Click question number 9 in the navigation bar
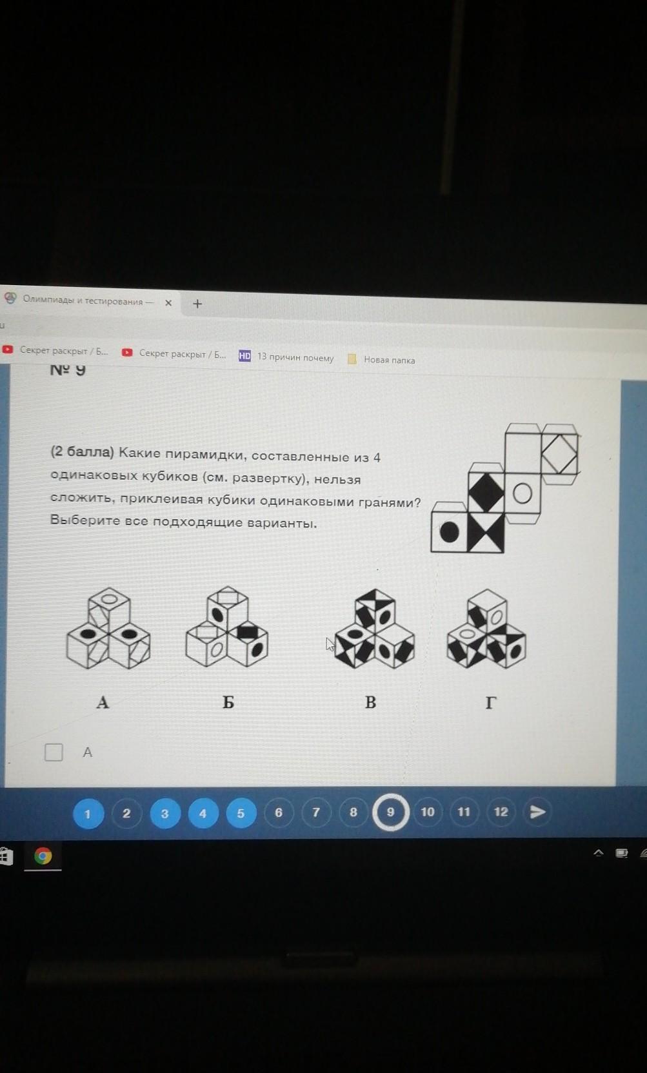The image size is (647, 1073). (391, 812)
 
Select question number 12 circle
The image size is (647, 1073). (501, 812)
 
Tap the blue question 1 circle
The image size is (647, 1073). (88, 813)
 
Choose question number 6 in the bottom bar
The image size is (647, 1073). (279, 812)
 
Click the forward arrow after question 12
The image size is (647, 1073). (537, 811)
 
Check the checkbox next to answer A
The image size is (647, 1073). (54, 752)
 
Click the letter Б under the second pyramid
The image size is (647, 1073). (228, 702)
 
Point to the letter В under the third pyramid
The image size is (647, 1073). (370, 702)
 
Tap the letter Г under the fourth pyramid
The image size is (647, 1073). (490, 703)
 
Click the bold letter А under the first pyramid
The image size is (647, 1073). (103, 702)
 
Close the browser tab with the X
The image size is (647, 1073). (168, 302)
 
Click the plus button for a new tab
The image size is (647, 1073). (197, 304)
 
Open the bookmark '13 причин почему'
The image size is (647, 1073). (286, 357)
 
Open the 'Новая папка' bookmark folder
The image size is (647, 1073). (381, 359)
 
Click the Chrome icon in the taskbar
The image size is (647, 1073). (43, 856)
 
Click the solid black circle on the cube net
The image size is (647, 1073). (450, 531)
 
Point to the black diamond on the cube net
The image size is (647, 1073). (486, 492)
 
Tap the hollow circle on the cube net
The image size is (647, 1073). (523, 493)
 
